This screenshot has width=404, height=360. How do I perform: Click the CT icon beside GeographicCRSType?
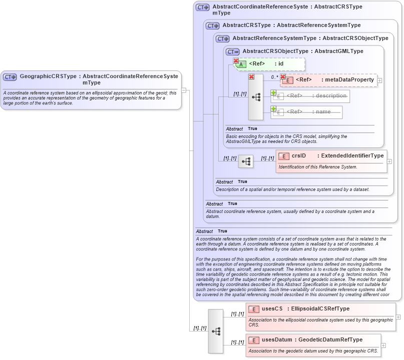(10, 77)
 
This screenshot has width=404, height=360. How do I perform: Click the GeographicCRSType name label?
(48, 76)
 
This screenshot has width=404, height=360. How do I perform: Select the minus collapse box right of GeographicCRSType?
(184, 90)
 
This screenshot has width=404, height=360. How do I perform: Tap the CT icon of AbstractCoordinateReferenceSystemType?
(202, 7)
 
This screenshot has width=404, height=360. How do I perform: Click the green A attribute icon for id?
(241, 64)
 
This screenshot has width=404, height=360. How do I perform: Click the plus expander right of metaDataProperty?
(380, 80)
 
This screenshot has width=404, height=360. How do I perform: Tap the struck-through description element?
(310, 96)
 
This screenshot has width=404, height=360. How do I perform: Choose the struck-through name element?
(307, 112)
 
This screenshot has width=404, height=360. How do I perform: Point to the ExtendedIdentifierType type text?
(352, 156)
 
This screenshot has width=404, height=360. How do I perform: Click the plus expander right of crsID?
(389, 161)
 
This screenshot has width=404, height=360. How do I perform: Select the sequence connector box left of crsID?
(245, 161)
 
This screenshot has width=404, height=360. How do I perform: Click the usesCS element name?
(272, 309)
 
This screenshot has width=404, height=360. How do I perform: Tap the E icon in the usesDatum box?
(254, 340)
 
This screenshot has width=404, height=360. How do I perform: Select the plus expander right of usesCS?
(398, 316)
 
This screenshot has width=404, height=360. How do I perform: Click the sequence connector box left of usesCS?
(216, 331)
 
